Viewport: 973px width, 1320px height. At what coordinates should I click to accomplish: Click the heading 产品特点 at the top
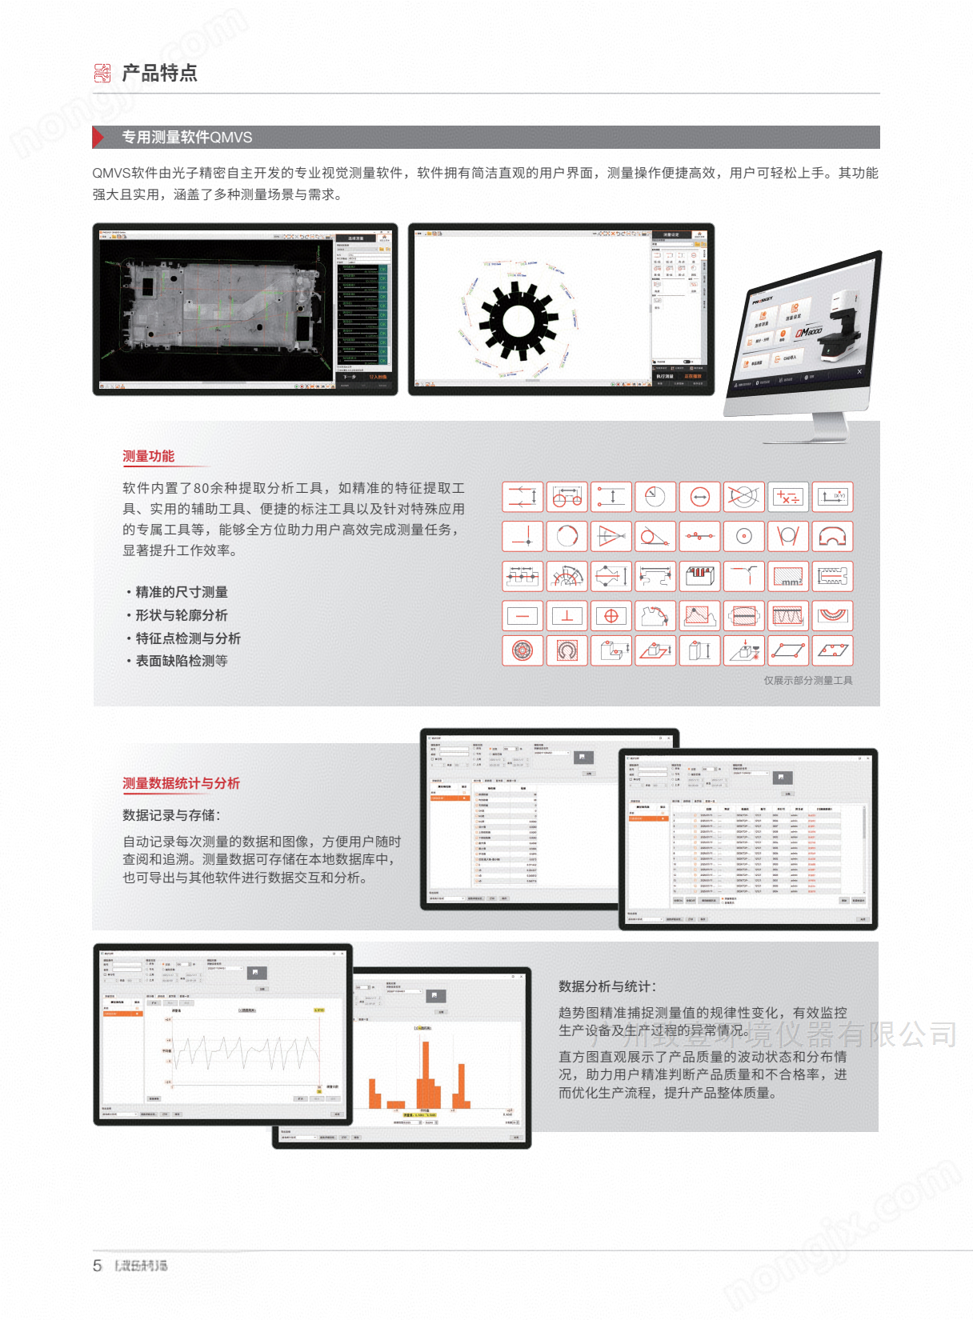[159, 74]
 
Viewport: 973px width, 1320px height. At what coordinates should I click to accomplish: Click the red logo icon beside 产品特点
[102, 74]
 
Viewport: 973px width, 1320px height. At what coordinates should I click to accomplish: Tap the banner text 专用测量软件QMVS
[186, 137]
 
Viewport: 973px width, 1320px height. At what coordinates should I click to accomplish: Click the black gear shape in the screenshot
[518, 322]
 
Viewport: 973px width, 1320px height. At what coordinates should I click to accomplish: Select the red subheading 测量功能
[148, 456]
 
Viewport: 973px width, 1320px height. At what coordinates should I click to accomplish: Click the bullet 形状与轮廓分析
[181, 615]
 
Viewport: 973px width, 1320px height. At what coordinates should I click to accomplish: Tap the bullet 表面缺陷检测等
[181, 661]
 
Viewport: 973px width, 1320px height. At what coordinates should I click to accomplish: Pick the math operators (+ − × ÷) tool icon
[788, 497]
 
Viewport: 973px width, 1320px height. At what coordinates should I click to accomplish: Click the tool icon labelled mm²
[788, 576]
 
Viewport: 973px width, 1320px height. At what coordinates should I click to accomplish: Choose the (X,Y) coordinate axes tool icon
[832, 497]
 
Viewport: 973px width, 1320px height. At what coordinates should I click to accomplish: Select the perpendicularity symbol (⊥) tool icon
[567, 616]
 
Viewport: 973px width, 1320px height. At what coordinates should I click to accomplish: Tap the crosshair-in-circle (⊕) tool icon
[611, 616]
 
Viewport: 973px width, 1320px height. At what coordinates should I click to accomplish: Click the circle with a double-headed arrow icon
[699, 497]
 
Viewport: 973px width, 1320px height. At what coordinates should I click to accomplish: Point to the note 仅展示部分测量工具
[807, 680]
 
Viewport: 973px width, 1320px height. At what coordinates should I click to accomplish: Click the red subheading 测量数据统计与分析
[181, 783]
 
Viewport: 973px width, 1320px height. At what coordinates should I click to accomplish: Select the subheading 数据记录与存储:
[171, 815]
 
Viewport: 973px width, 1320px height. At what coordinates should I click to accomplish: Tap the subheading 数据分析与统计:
[607, 986]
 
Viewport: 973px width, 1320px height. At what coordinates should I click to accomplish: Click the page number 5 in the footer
[98, 1266]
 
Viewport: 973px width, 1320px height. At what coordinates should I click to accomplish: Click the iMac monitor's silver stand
[828, 425]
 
